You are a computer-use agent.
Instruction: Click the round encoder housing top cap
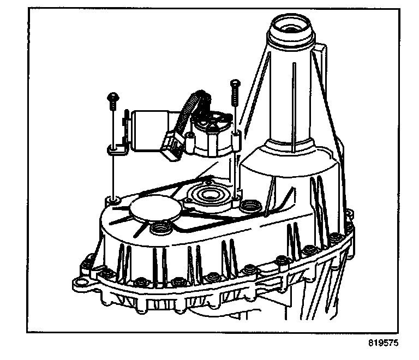point(212,122)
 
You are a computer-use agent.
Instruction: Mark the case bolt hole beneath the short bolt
point(113,201)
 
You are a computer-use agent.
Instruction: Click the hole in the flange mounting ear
point(81,282)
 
